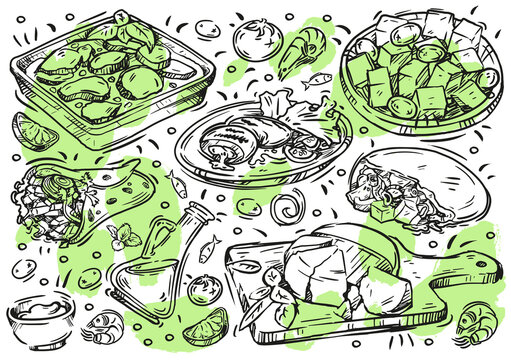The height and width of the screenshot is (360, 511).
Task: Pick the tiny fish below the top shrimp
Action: pyautogui.click(x=320, y=78)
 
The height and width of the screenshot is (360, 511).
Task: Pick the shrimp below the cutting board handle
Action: pyautogui.click(x=470, y=322)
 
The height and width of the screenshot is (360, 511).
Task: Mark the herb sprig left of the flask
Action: pyautogui.click(x=125, y=237)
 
